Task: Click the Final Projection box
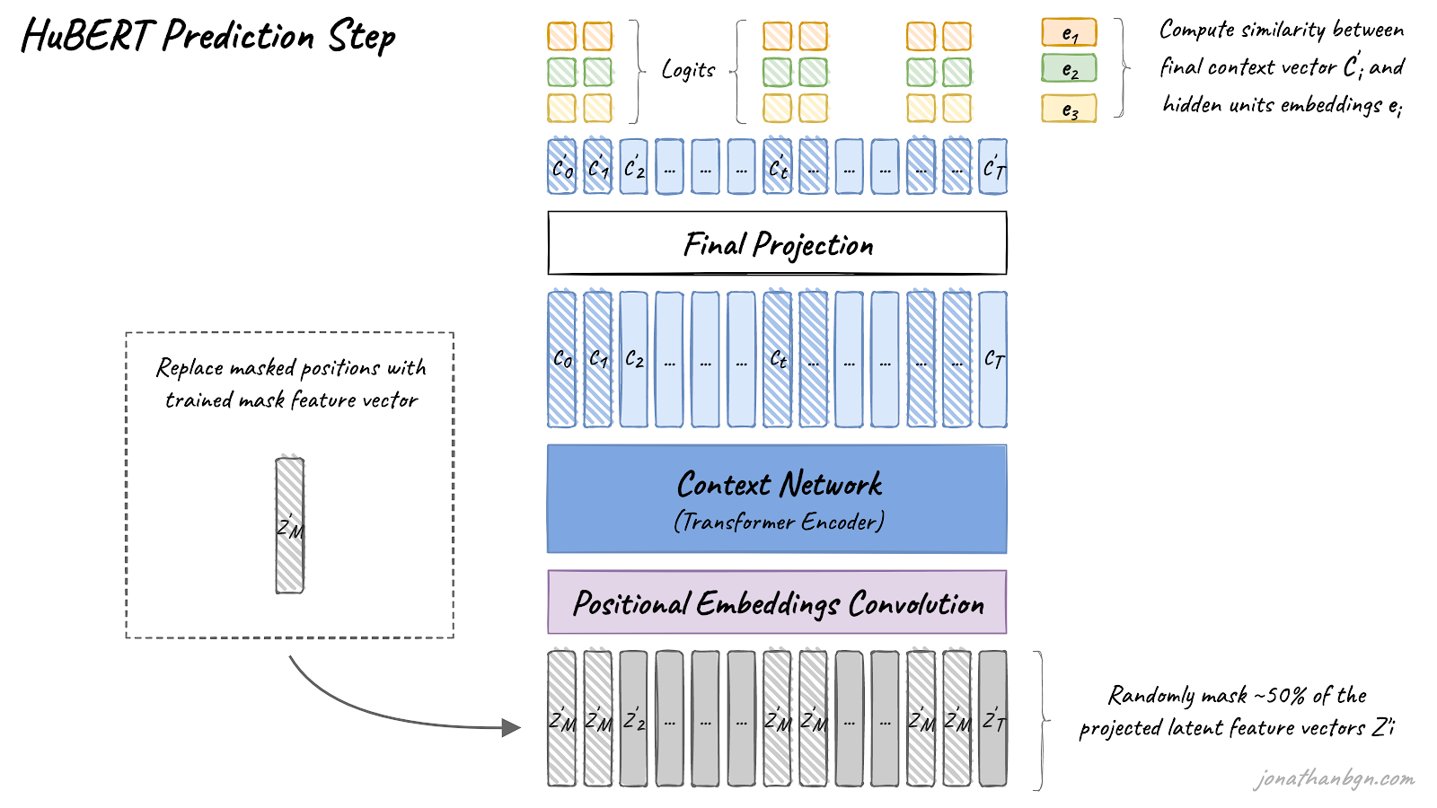point(777,243)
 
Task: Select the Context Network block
point(777,499)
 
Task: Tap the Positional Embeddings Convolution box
point(777,602)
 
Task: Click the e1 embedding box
point(1069,32)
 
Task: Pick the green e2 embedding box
point(1069,68)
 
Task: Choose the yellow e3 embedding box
point(1069,109)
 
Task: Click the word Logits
point(688,70)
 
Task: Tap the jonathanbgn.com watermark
point(1334,778)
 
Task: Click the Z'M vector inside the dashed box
point(290,526)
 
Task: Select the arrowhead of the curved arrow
point(512,727)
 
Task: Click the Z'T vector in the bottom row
point(992,719)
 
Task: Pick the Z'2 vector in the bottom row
point(633,719)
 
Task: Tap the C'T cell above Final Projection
point(992,167)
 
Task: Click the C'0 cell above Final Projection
point(562,167)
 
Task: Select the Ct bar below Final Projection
point(778,359)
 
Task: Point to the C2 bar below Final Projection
point(633,359)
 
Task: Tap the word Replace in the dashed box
point(190,368)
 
